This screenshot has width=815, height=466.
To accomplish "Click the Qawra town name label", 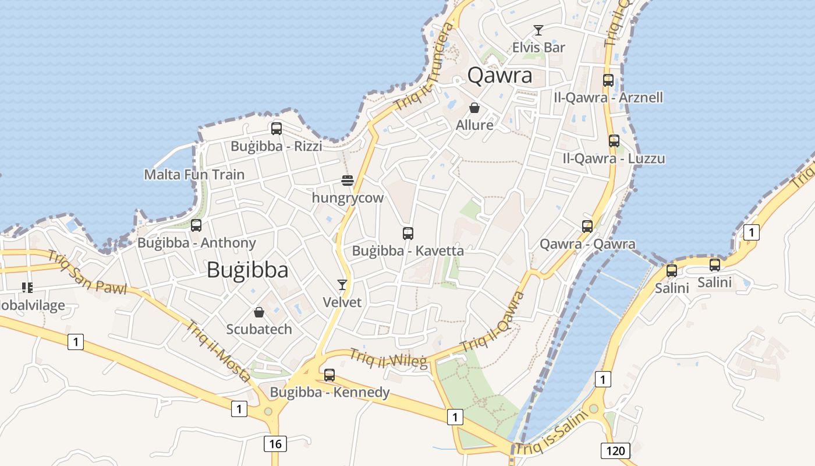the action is (500, 76).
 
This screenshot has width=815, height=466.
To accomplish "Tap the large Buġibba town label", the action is (247, 270).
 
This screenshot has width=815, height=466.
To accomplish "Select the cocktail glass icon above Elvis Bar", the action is (538, 30).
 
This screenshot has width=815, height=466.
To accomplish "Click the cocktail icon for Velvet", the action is (342, 284).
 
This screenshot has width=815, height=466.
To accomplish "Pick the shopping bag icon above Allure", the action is (474, 108).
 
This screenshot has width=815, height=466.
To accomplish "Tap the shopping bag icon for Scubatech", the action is (259, 312).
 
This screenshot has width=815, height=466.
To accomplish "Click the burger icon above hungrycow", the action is (348, 181).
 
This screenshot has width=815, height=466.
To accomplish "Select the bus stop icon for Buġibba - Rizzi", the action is (277, 129).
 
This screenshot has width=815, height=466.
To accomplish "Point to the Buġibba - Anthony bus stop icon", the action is (196, 225).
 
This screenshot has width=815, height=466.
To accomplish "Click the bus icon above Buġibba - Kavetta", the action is (408, 234).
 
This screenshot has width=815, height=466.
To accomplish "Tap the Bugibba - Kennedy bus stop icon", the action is (329, 375).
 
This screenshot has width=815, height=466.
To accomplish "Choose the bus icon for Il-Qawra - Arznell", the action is (608, 80).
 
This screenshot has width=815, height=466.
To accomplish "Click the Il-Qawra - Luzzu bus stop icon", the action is (614, 141).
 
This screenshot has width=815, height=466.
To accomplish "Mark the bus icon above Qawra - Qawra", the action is (587, 227).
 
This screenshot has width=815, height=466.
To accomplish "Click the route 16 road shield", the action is (275, 444).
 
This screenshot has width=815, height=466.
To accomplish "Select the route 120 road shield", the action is (615, 450).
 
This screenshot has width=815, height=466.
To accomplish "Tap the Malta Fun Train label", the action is (194, 175).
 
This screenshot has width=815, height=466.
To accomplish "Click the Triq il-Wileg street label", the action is (388, 356).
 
